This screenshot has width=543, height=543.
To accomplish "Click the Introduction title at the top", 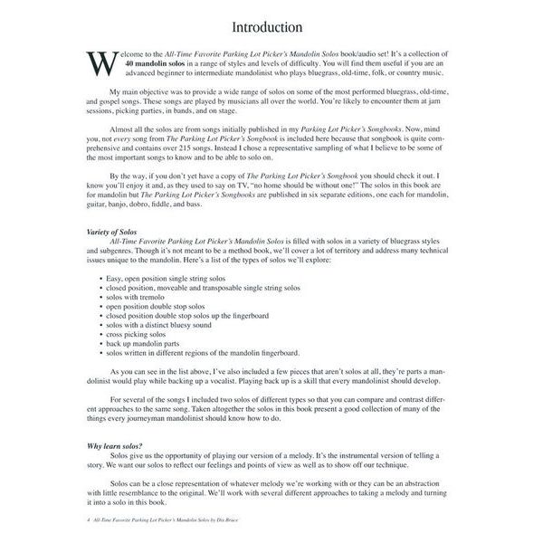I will (272, 26).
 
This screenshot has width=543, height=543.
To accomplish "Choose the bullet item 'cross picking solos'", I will (144, 335).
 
